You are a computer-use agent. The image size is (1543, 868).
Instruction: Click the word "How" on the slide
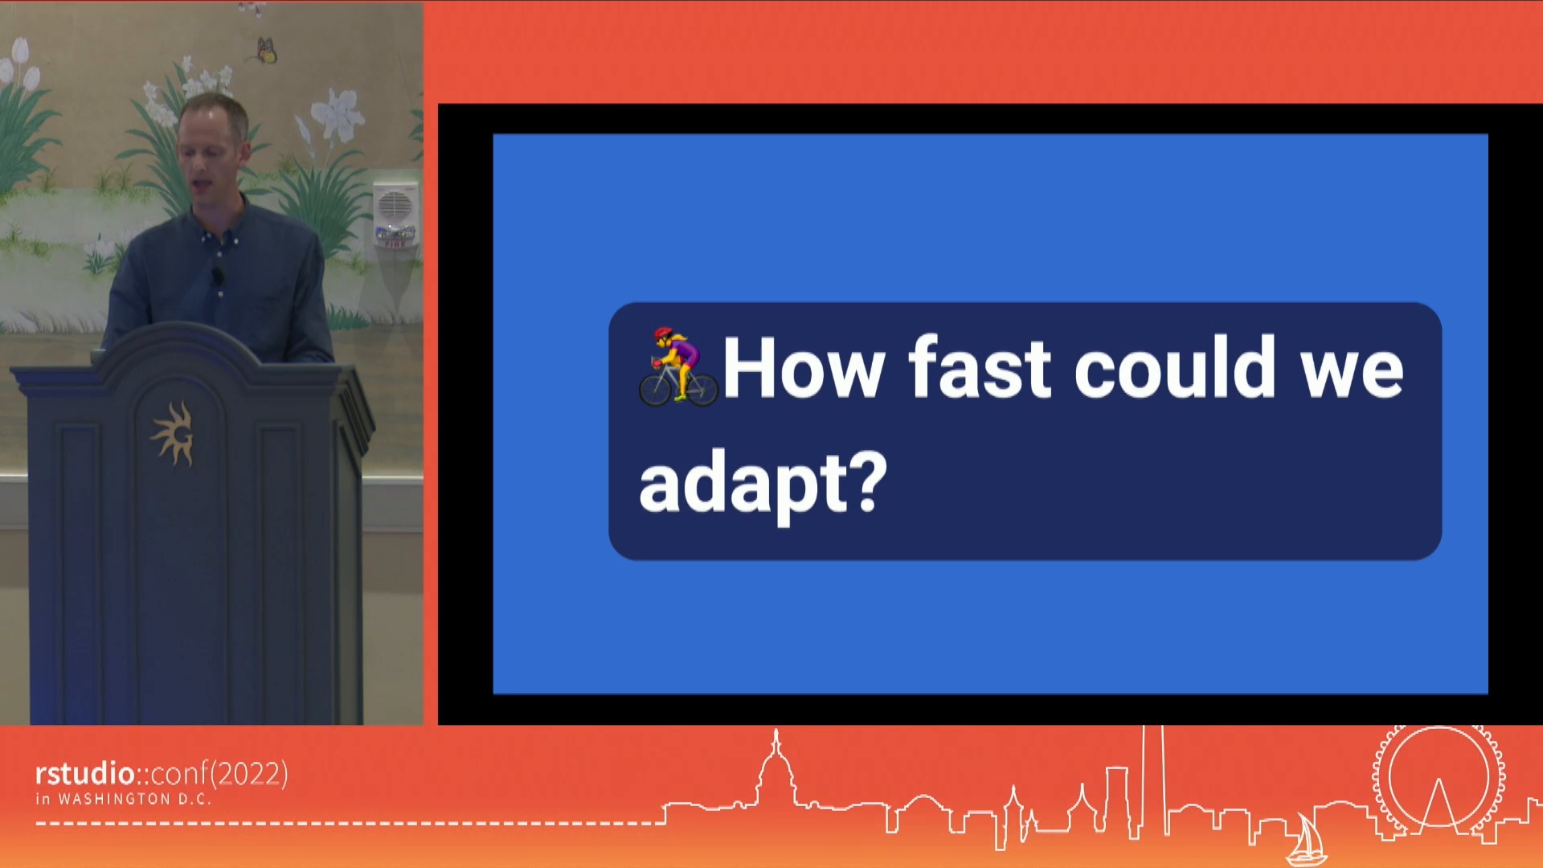804,368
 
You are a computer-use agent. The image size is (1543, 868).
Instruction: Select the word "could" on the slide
1175,366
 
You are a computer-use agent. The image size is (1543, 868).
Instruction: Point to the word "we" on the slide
1353,373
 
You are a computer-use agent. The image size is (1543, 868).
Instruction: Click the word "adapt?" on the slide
763,482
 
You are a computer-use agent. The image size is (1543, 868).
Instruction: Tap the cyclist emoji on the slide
678,366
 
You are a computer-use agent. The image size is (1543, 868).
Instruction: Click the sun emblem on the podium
174,434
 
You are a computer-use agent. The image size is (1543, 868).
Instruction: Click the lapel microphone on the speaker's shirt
217,276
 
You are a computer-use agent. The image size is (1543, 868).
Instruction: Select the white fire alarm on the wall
395,214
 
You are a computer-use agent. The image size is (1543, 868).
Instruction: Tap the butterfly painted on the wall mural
267,50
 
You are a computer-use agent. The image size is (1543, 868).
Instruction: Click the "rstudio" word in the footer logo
84,773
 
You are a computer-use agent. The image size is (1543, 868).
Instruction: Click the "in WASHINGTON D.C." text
123,799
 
